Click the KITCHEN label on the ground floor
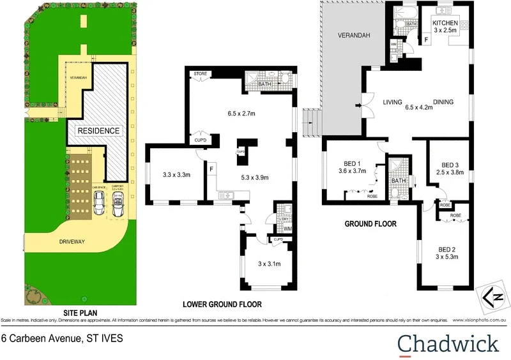point(445,23)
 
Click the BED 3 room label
point(451,164)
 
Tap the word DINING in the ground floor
point(443,102)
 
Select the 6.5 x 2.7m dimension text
point(241,114)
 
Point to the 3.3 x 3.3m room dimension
point(177,174)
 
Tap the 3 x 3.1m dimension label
point(270,264)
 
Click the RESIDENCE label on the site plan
point(98,131)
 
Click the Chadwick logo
point(448,343)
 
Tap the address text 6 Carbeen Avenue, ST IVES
point(61,339)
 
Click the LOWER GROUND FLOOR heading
point(222,304)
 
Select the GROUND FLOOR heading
point(370,224)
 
